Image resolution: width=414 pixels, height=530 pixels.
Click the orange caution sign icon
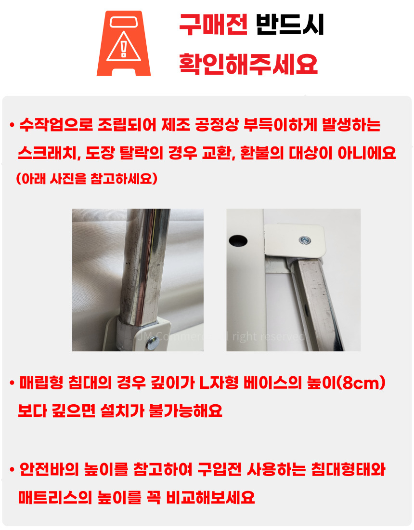click(x=124, y=43)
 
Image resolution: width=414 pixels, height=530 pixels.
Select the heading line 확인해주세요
click(x=248, y=63)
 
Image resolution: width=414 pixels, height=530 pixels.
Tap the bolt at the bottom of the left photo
click(x=152, y=343)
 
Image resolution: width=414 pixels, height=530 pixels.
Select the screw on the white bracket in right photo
click(x=304, y=238)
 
